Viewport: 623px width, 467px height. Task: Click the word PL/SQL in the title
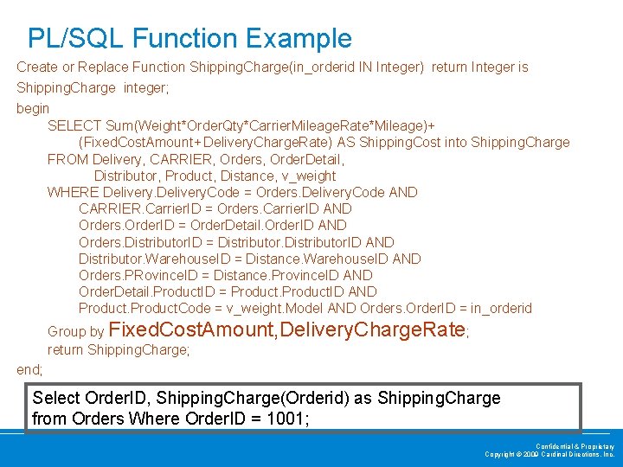[76, 38]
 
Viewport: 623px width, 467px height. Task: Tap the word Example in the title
[299, 38]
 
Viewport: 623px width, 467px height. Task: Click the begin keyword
[33, 109]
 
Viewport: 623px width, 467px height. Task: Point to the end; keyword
[29, 369]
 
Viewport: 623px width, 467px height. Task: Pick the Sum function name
[120, 125]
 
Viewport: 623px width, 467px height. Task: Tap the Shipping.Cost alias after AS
[400, 142]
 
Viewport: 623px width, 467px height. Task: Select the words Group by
[76, 331]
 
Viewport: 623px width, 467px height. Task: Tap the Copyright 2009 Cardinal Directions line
[549, 454]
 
